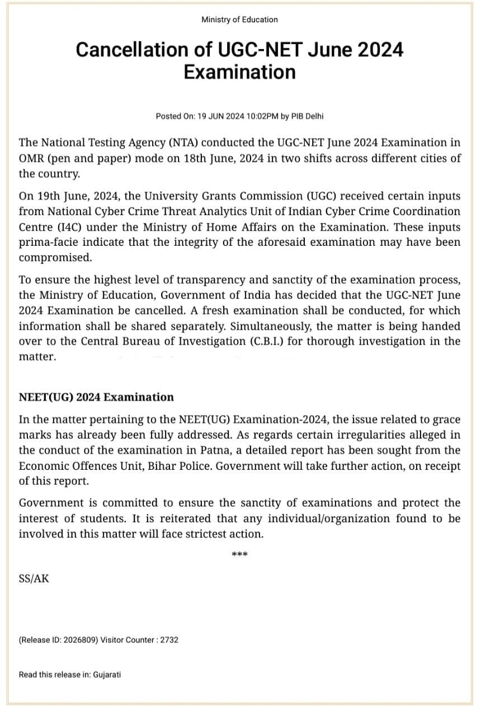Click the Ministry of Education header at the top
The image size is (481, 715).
click(239, 20)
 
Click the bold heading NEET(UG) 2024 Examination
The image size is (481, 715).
click(96, 397)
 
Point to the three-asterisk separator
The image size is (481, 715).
click(239, 555)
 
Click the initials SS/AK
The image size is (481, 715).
click(34, 579)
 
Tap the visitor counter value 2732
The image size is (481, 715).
click(169, 640)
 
